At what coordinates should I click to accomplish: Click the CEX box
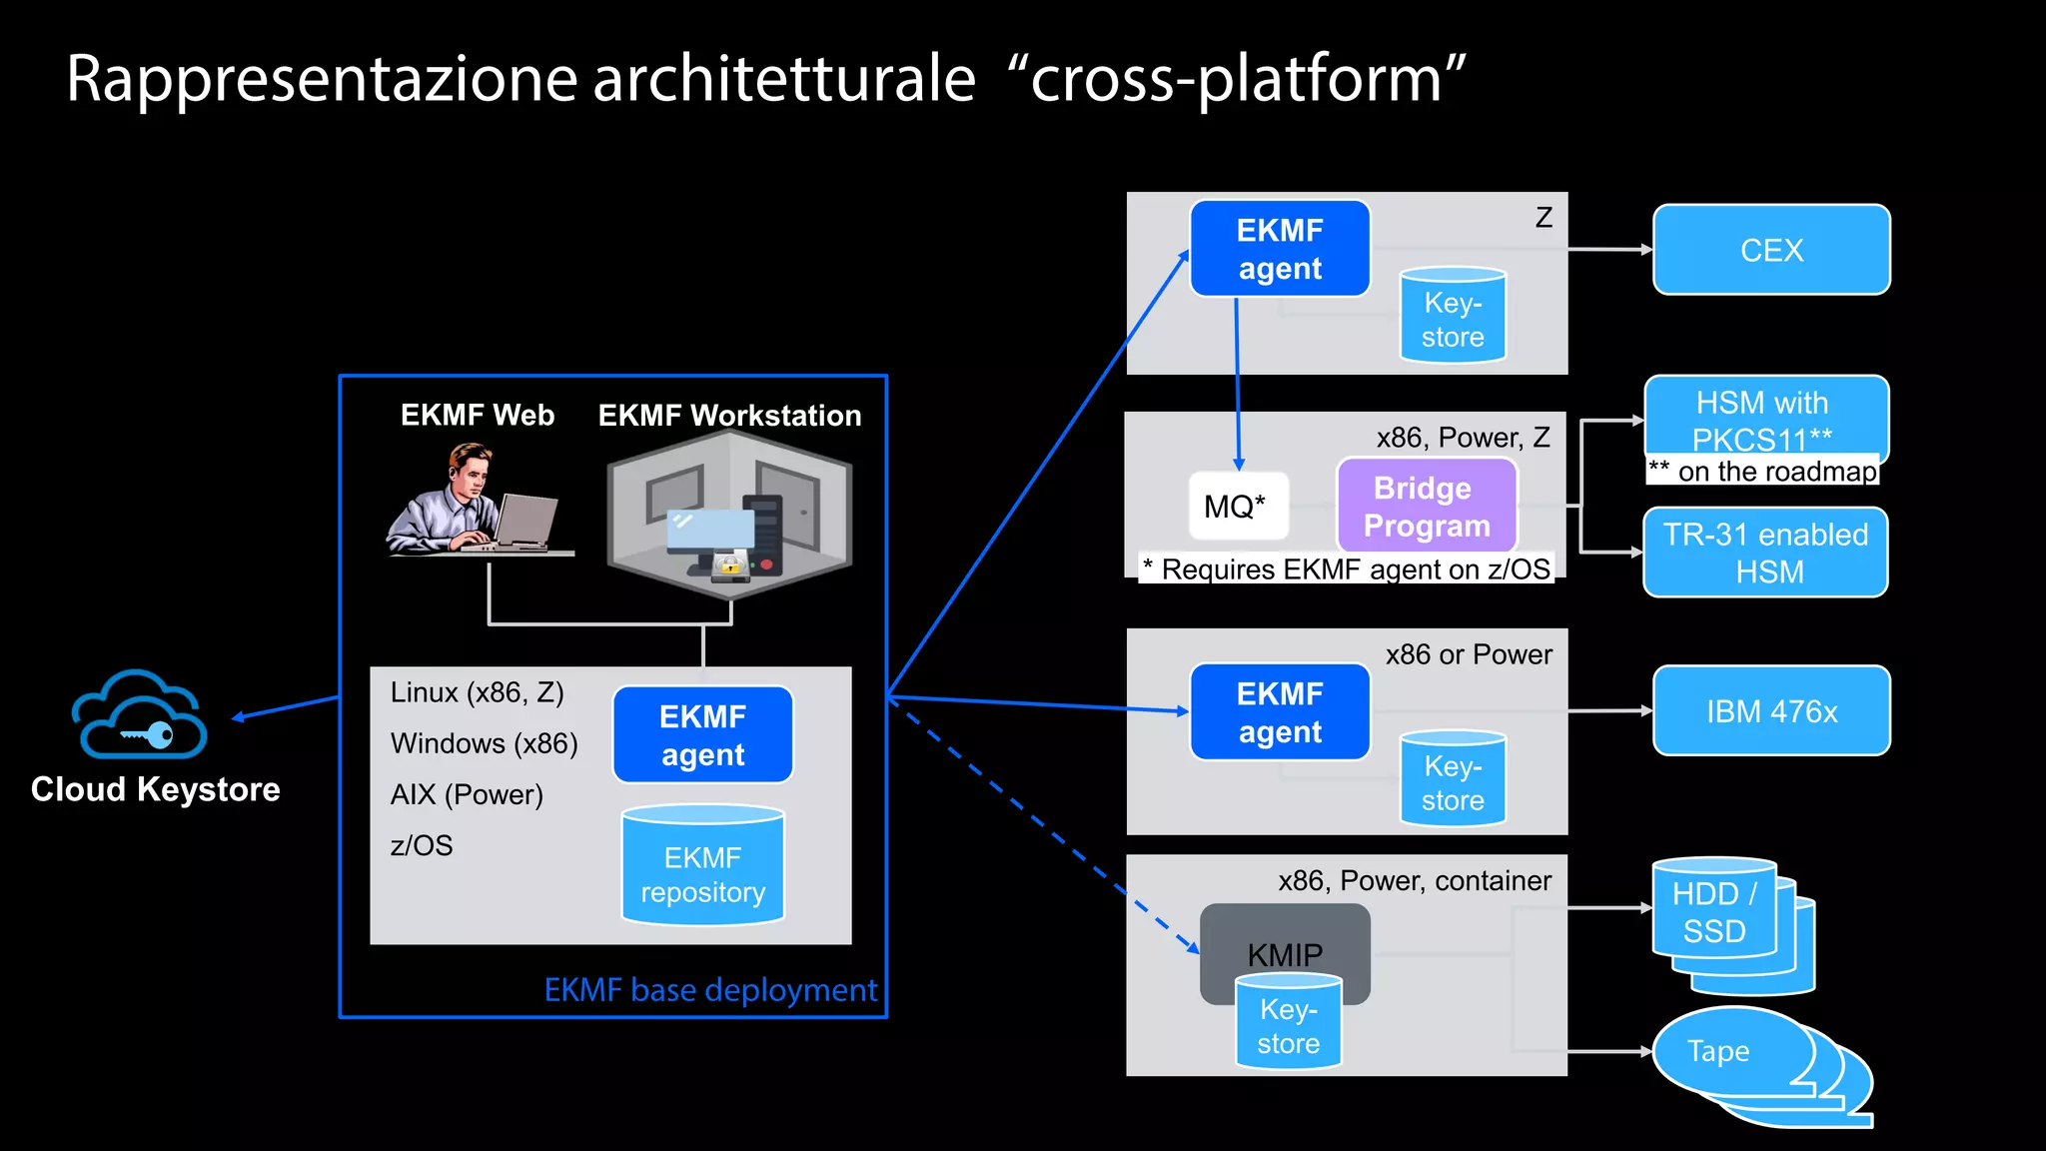click(1771, 250)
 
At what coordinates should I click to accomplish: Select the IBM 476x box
click(1771, 710)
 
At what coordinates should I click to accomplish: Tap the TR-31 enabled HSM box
click(1765, 553)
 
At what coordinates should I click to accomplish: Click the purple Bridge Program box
click(1427, 507)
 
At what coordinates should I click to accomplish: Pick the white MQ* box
click(1238, 507)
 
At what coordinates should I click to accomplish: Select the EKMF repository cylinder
click(702, 866)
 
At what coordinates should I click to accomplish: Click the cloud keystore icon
click(140, 716)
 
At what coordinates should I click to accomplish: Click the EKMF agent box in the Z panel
click(1280, 249)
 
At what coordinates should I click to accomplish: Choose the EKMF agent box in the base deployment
click(702, 734)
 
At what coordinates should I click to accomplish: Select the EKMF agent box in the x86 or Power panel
click(1280, 711)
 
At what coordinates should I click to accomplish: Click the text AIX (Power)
click(467, 794)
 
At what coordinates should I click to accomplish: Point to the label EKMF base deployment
click(710, 989)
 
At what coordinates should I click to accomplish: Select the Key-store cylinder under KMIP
click(1288, 1024)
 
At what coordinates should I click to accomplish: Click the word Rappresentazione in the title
click(320, 79)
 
